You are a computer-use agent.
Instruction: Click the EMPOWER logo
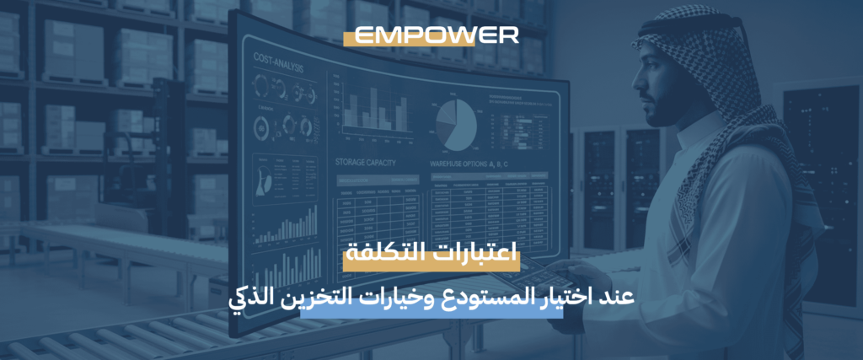pyautogui.click(x=436, y=35)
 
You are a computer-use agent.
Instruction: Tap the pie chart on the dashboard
pyautogui.click(x=456, y=125)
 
